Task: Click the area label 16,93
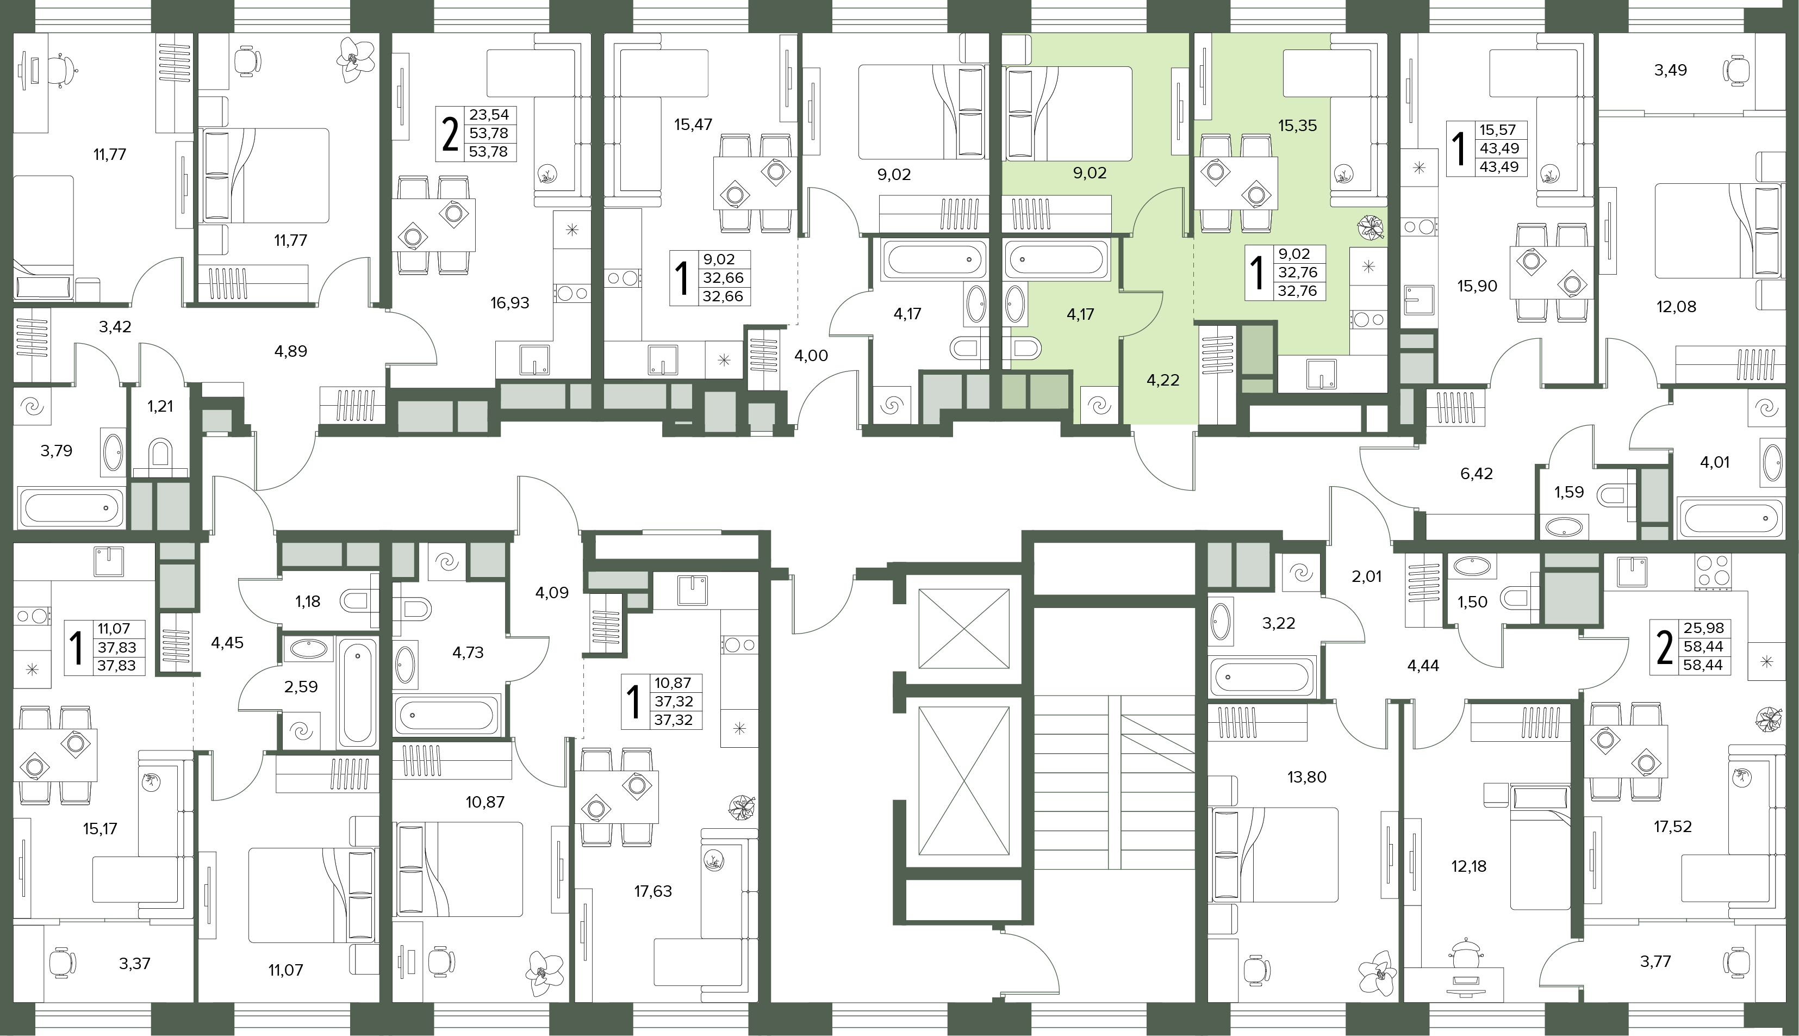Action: tap(509, 303)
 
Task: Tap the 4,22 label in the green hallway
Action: tap(1162, 381)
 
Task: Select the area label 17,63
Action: tap(652, 891)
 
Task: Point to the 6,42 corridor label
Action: tap(1476, 474)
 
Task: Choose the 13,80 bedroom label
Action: tap(1307, 777)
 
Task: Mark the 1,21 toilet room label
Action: tap(160, 406)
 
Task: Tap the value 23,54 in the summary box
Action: tap(489, 115)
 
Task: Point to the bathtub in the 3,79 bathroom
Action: tap(71, 508)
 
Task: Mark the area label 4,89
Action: tap(290, 351)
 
